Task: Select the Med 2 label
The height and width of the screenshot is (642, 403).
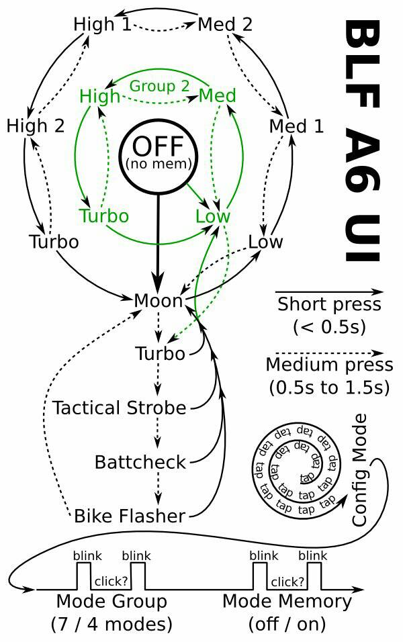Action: [x=225, y=25]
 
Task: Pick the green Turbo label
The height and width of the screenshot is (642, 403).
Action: [x=103, y=216]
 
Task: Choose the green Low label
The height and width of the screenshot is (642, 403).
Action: [x=212, y=216]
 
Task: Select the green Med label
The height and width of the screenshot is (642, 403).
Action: [x=218, y=96]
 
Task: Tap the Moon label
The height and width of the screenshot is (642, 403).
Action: [x=159, y=301]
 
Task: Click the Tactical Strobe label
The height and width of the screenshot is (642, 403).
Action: [x=120, y=408]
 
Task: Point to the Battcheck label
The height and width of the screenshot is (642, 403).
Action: [x=140, y=462]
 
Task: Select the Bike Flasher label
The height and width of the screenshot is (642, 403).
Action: [x=129, y=516]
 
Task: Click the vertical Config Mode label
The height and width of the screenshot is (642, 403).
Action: [x=360, y=470]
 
